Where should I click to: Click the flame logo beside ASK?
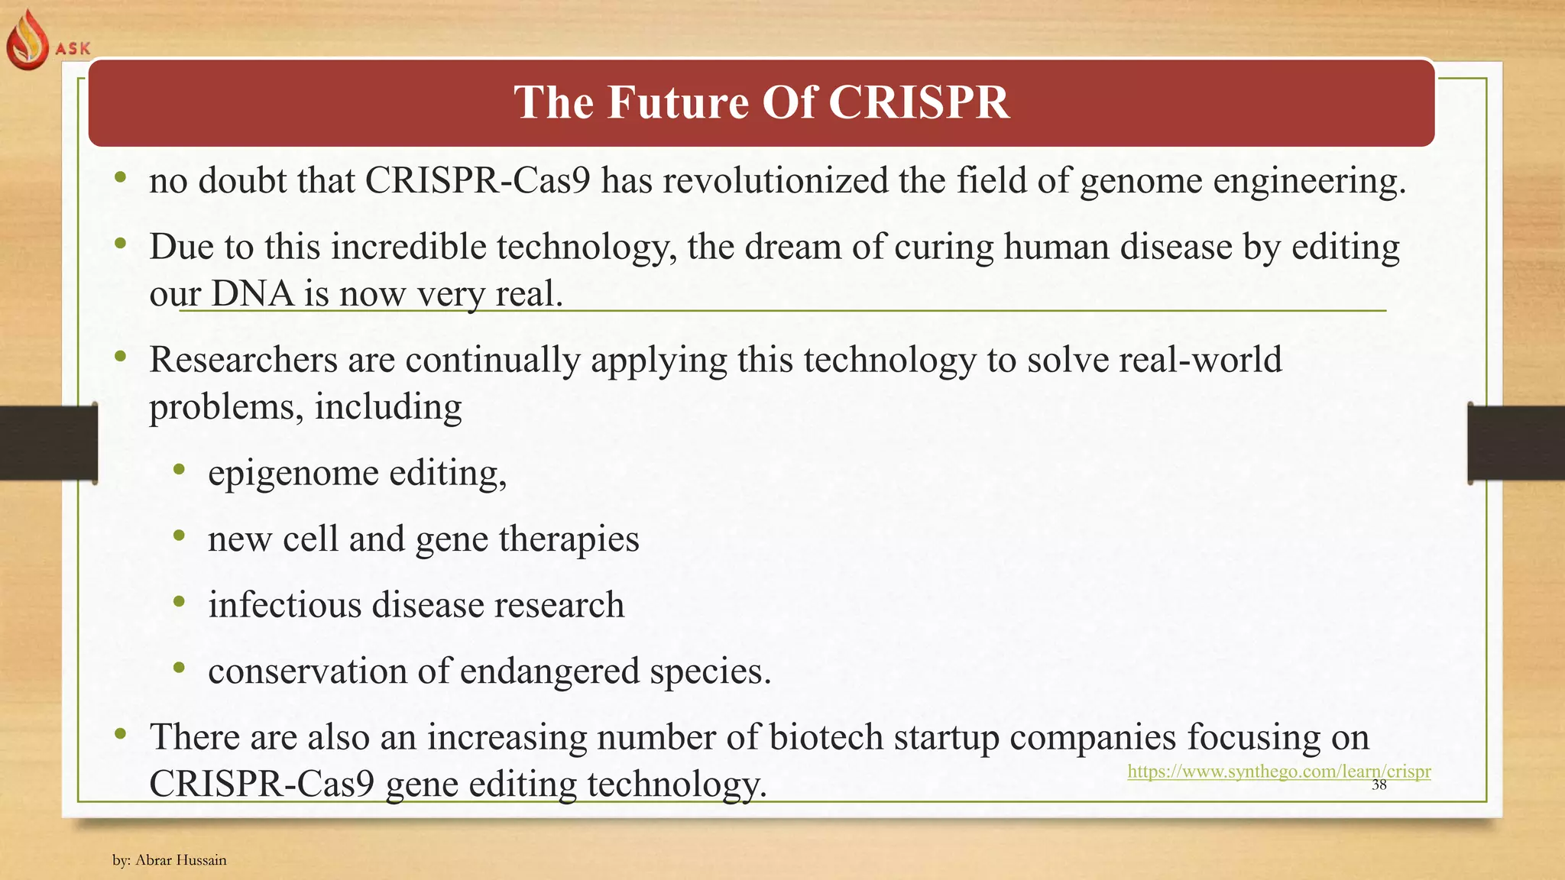click(28, 40)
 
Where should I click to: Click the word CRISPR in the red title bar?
click(919, 102)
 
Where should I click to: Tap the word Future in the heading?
click(678, 102)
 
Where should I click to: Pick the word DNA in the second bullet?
click(252, 293)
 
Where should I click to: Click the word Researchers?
click(243, 359)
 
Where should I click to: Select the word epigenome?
click(293, 473)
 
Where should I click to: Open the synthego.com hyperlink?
click(1278, 771)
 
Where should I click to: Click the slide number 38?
click(1379, 785)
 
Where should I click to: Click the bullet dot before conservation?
click(179, 668)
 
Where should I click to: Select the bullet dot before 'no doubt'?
click(120, 179)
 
